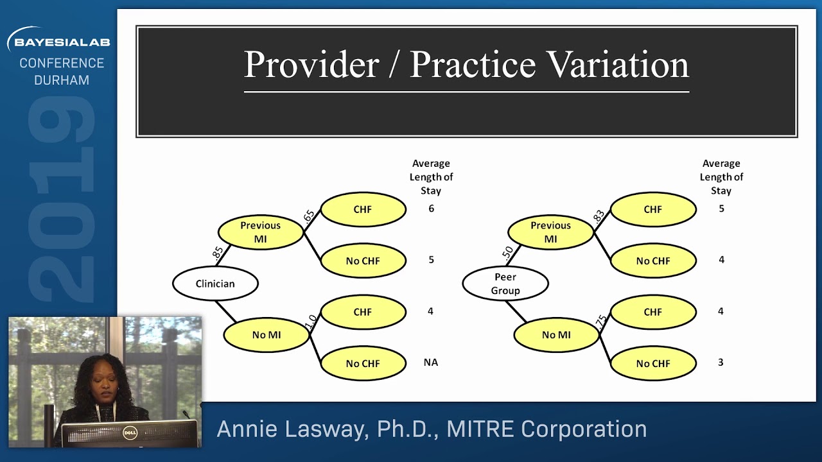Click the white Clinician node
(x=215, y=284)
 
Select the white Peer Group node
(x=505, y=284)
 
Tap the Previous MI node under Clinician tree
(x=260, y=232)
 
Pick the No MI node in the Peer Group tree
(x=556, y=335)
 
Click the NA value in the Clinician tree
(x=430, y=363)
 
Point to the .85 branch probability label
(x=218, y=253)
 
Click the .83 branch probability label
(x=599, y=216)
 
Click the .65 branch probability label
(x=309, y=216)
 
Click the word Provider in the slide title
(x=311, y=64)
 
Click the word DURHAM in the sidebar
(x=62, y=80)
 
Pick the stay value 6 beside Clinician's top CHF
(x=431, y=209)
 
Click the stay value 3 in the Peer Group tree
(x=721, y=363)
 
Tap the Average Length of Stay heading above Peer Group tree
(x=721, y=177)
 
